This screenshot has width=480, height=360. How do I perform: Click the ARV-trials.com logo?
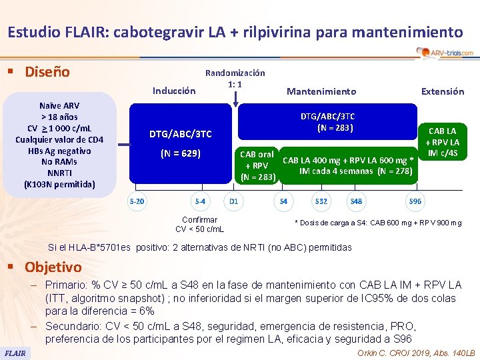pyautogui.click(x=444, y=53)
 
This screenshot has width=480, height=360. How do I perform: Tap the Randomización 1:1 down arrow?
pyautogui.click(x=235, y=98)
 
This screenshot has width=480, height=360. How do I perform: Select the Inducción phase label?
pyautogui.click(x=174, y=91)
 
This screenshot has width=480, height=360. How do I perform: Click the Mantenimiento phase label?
pyautogui.click(x=321, y=91)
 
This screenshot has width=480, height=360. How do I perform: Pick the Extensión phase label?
pyautogui.click(x=443, y=91)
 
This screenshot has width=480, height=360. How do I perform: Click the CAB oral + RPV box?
pyautogui.click(x=257, y=165)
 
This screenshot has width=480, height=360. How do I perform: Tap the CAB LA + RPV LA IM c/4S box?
pyautogui.click(x=443, y=142)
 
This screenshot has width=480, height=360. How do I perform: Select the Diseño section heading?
pyautogui.click(x=47, y=71)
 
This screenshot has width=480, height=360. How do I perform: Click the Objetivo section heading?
pyautogui.click(x=53, y=267)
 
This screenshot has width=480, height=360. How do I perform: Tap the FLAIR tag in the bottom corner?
pyautogui.click(x=15, y=352)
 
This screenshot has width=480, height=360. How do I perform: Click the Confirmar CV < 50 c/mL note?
pyautogui.click(x=199, y=224)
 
